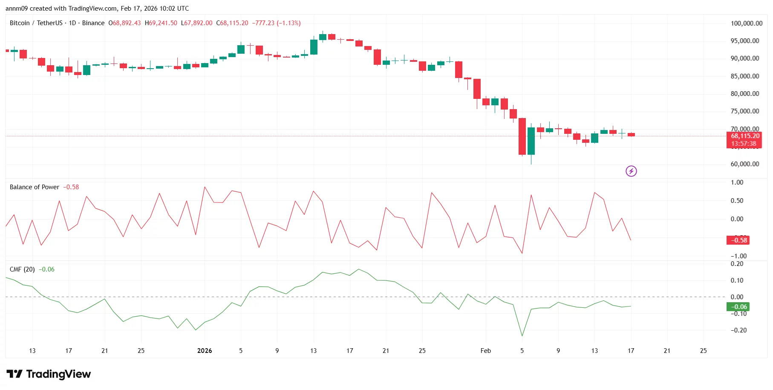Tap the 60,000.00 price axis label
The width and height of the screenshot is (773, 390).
coord(744,164)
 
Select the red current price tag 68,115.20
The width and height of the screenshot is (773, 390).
coord(744,136)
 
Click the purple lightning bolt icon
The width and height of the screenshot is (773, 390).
coord(631,171)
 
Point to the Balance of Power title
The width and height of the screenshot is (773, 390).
coord(35,187)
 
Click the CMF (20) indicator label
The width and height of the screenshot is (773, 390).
coord(22,269)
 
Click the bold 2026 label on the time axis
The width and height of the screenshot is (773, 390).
coord(205,351)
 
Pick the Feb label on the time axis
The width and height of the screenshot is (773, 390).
coord(485,351)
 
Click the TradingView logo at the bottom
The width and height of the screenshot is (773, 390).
coord(49,374)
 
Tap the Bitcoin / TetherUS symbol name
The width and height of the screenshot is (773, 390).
coord(36,23)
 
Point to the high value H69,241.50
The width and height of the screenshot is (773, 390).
coord(161,23)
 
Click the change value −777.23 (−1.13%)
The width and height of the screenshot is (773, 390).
coord(276,23)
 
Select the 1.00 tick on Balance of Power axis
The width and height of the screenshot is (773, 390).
coord(737,182)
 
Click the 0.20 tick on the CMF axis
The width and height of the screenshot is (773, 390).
coord(737,264)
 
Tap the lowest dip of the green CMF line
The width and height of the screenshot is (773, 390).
coord(522,335)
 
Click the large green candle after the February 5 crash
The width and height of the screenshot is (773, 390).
coord(531,141)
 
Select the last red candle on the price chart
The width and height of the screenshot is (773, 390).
coord(631,135)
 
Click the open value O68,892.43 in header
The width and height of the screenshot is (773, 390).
coord(124,23)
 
